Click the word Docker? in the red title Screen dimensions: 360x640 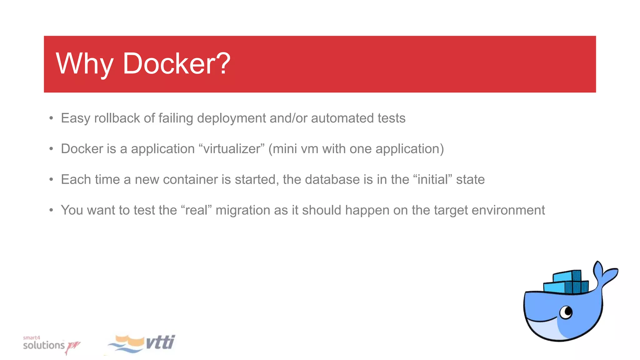click(177, 64)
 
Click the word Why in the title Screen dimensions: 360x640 click(84, 64)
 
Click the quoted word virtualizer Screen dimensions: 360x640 click(232, 149)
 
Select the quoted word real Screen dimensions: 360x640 click(196, 210)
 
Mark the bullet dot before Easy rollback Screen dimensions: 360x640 click(51, 118)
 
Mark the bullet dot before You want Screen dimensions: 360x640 click(51, 210)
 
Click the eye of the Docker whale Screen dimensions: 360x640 click(566, 312)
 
